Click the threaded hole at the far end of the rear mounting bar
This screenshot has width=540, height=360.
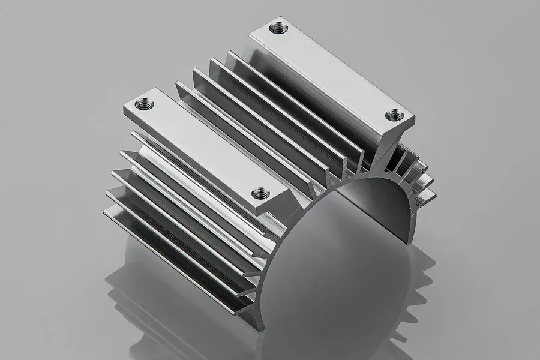point(277,27)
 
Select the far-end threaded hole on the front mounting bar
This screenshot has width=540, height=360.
point(144,104)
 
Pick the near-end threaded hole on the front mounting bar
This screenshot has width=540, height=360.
point(260,193)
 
